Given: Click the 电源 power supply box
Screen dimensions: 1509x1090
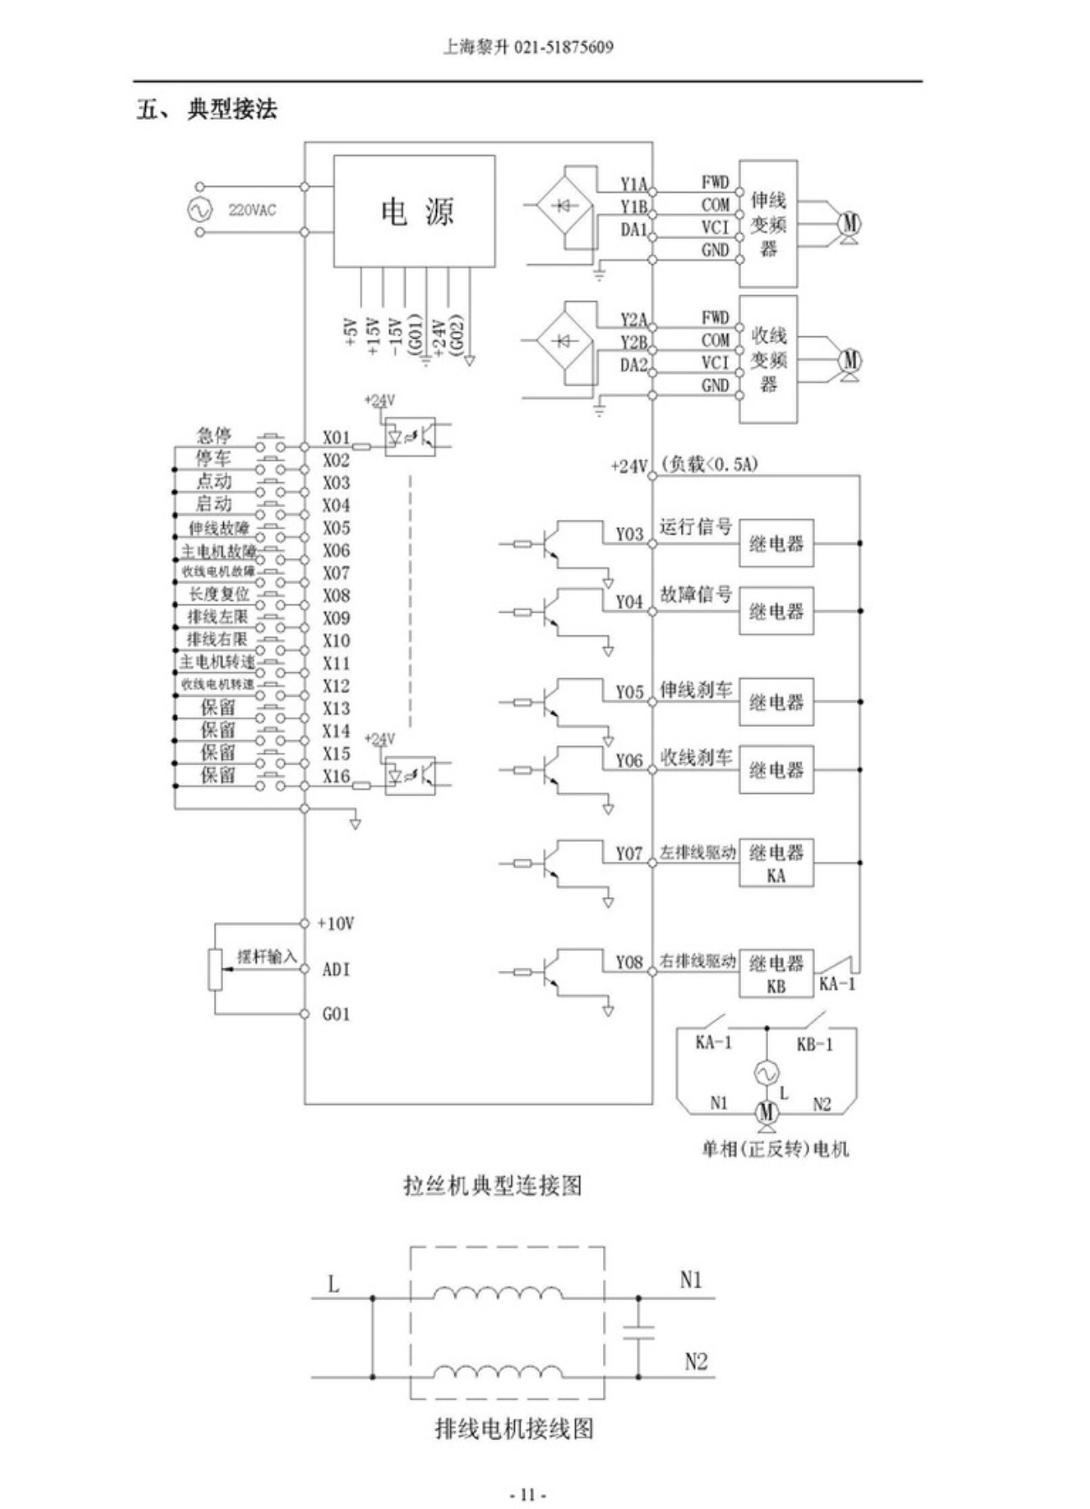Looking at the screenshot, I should click(x=414, y=211).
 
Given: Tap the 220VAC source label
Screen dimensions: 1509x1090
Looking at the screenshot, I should click(x=252, y=210).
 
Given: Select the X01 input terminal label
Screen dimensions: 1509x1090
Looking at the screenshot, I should click(x=336, y=438).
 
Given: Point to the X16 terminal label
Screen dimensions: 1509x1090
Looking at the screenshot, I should click(x=336, y=776).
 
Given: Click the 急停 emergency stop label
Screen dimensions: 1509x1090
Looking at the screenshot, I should click(x=214, y=435).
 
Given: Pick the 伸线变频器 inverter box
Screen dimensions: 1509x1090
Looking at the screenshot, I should click(x=768, y=224).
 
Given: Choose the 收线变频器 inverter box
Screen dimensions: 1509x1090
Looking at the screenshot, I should click(x=768, y=360).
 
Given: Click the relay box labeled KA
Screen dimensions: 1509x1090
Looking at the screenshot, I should click(x=776, y=863).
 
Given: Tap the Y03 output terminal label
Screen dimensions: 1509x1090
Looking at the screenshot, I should click(x=629, y=535).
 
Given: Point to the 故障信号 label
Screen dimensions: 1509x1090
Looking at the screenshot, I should click(x=696, y=594).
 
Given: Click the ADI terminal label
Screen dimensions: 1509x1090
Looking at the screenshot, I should click(x=335, y=969).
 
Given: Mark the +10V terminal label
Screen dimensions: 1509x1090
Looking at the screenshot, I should click(x=335, y=924).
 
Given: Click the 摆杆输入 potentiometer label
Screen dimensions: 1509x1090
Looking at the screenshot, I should click(x=267, y=957).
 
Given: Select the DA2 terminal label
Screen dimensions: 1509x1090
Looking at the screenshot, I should click(x=634, y=365).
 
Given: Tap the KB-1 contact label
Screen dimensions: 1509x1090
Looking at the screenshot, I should click(x=814, y=1045).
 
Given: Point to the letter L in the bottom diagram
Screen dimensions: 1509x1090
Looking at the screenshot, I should click(x=334, y=1284).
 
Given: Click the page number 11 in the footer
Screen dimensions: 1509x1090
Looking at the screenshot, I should click(x=527, y=1495).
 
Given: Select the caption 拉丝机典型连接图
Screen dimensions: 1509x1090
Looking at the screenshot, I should click(x=492, y=1185).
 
